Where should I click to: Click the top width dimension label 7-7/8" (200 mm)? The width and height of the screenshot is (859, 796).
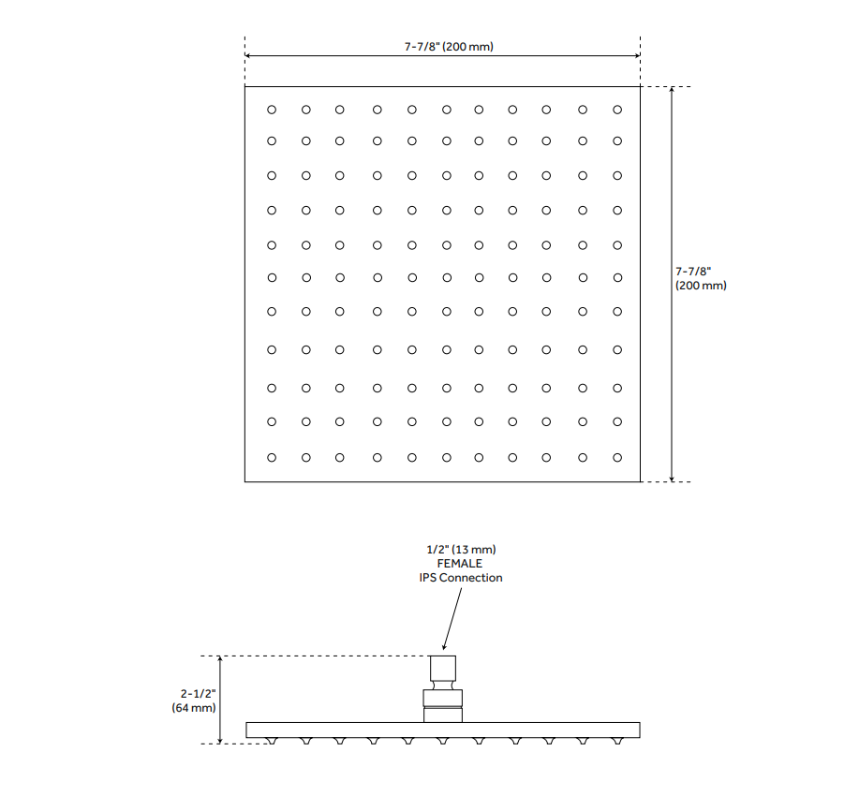coord(449,47)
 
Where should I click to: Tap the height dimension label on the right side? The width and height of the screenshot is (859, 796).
coord(701,278)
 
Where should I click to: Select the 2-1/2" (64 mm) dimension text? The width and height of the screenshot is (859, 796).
coord(194,700)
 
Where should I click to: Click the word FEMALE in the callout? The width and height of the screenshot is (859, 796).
coord(460,563)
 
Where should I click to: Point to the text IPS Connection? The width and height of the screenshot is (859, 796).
coord(461,578)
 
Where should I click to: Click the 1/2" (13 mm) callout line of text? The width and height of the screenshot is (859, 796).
coord(461,549)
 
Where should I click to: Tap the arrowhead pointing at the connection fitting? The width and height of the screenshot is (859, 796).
coord(444,646)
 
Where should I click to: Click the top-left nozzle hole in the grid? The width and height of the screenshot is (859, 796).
coord(272,111)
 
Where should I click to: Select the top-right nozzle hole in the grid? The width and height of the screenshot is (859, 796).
coord(617,111)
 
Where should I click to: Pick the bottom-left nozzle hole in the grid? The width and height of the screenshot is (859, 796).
coord(272,457)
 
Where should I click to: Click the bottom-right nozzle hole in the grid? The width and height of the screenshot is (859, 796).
coord(617,457)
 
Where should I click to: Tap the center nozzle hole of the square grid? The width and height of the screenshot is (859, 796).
coord(447,278)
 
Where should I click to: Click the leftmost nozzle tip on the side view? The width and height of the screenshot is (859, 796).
coord(272,741)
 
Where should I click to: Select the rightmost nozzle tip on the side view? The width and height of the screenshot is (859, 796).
coord(617,741)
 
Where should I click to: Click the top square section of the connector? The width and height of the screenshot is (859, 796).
coord(443,668)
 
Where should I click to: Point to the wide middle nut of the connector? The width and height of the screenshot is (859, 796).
coord(443,698)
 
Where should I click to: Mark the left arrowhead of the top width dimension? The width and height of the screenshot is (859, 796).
coord(247,55)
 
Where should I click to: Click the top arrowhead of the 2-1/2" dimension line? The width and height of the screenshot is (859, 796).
coord(220,659)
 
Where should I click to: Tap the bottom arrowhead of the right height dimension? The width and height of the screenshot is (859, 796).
coord(673,479)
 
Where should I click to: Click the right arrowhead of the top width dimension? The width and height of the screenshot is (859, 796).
coord(637,55)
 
